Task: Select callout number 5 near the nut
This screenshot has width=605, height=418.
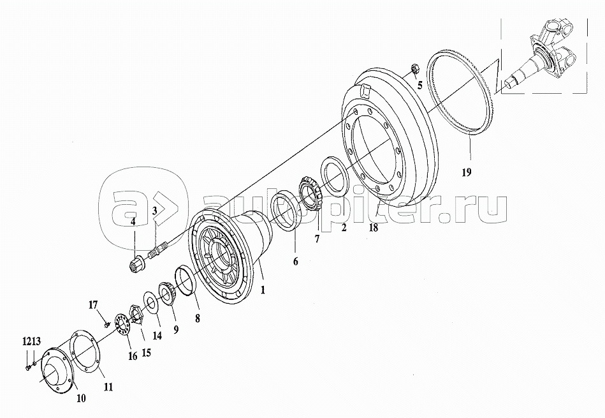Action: click(x=419, y=85)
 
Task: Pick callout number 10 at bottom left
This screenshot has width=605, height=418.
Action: click(x=82, y=398)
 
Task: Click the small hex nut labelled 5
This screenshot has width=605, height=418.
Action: click(x=412, y=66)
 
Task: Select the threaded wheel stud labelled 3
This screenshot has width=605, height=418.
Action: click(x=157, y=251)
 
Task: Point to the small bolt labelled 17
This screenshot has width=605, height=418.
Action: click(x=106, y=324)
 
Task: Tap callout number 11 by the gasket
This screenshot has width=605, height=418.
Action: click(x=108, y=387)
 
